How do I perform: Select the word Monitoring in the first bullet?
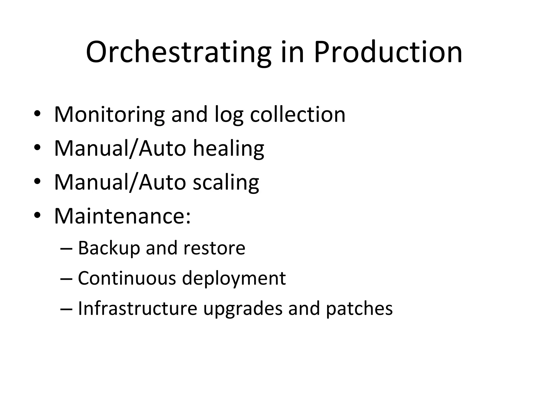[x=109, y=115]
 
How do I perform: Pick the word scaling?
[x=226, y=182]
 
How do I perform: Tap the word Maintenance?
[x=122, y=216]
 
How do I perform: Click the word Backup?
[x=109, y=248]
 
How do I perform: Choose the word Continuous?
[x=127, y=278]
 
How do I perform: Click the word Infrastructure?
[x=138, y=308]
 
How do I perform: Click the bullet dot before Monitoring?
[x=37, y=114]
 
